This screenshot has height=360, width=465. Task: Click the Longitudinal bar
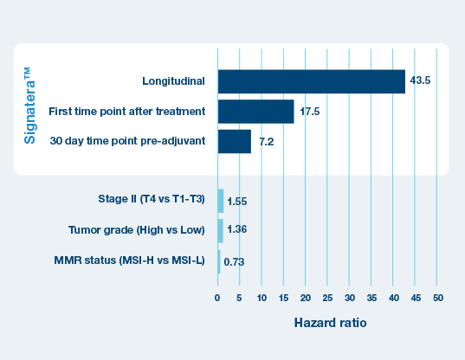pos(312,81)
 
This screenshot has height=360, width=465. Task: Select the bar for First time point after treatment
pos(256,112)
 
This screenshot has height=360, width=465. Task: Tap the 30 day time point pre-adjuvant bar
pos(235,141)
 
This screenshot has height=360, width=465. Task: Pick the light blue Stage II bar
pos(221,201)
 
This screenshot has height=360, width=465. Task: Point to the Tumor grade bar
pos(220,231)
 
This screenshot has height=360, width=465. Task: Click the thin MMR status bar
pos(219,261)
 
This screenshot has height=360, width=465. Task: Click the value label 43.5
pos(420,80)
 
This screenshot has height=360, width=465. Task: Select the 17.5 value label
pos(310,112)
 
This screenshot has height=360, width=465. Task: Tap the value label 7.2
pos(267,142)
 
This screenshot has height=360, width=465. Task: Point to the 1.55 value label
pos(237,202)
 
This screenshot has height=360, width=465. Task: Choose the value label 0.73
pos(234,262)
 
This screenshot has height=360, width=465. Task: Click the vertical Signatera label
pos(29,106)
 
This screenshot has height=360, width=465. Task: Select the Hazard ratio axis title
pos(330,323)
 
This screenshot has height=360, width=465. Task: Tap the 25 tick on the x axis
pos(327,298)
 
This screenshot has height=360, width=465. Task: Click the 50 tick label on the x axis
pos(438,298)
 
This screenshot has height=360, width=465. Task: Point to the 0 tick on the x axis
pos(217,298)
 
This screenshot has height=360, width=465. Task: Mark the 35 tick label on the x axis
pos(371,298)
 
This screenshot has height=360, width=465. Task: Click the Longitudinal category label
pos(173,81)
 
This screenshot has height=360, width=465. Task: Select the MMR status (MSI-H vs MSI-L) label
pos(129,260)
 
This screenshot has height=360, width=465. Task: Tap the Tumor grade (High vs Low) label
pos(137,230)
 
